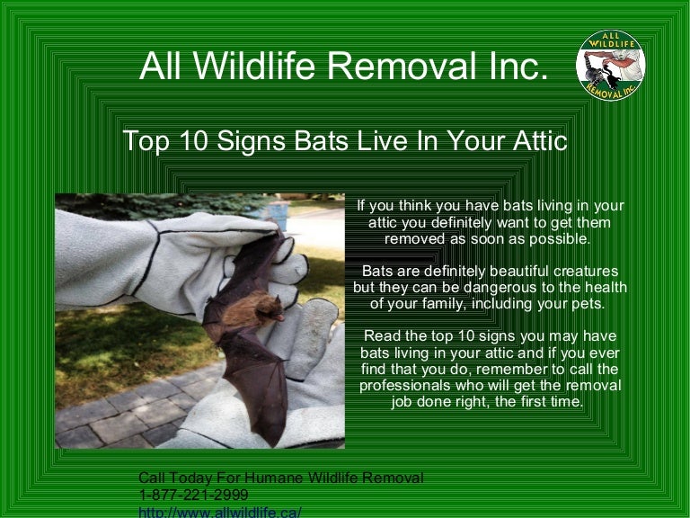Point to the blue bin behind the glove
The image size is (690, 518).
(x=279, y=215)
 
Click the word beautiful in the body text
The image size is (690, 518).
(x=501, y=272)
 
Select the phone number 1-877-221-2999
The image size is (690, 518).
(x=193, y=496)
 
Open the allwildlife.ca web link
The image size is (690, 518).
(x=219, y=512)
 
